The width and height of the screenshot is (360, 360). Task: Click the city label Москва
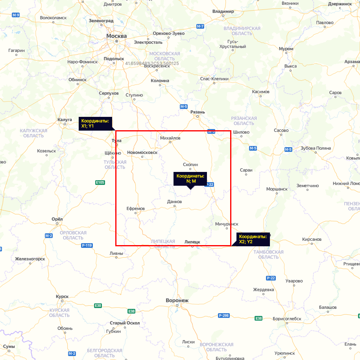pyautogui.click(x=116, y=36)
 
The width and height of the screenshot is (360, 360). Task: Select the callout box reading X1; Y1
pyautogui.click(x=95, y=123)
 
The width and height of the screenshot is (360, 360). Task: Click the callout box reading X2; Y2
pyautogui.click(x=253, y=239)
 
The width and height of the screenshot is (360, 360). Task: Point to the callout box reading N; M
pyautogui.click(x=191, y=179)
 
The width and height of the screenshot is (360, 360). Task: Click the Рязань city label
pyautogui.click(x=198, y=112)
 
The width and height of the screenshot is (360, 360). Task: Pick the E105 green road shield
pyautogui.click(x=100, y=182)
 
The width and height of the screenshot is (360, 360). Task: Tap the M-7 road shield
pyautogui.click(x=200, y=26)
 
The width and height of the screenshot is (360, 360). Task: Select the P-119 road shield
pyautogui.click(x=87, y=246)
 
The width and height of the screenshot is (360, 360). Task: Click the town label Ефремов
pyautogui.click(x=136, y=208)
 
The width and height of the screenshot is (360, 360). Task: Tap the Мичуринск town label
pyautogui.click(x=227, y=224)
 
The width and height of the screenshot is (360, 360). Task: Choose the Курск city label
pyautogui.click(x=62, y=296)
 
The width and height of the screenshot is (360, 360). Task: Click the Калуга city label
pyautogui.click(x=65, y=119)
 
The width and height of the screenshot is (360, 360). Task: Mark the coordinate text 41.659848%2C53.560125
pyautogui.click(x=152, y=63)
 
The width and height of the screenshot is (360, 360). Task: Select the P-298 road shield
pyautogui.click(x=223, y=316)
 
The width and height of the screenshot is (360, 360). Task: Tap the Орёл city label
pyautogui.click(x=57, y=219)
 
